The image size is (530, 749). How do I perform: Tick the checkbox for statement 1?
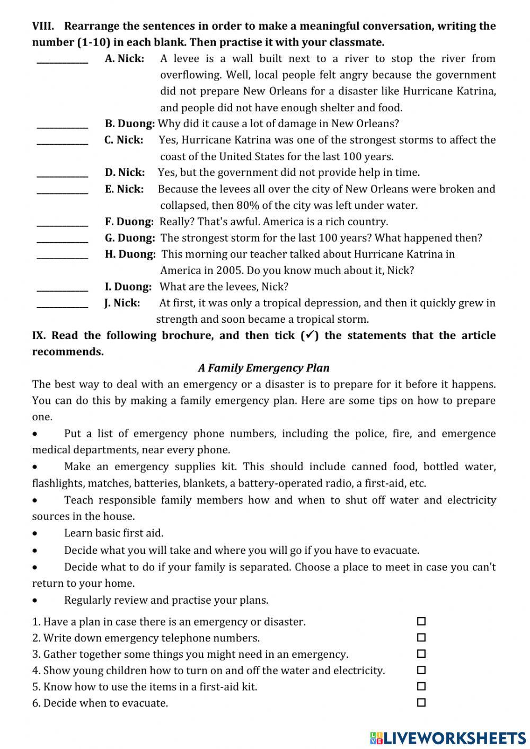tap(421, 621)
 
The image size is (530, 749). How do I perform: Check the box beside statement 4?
tap(421, 670)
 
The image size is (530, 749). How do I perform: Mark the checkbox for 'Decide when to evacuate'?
tap(421, 703)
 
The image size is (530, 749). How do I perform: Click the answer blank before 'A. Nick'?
tap(63, 60)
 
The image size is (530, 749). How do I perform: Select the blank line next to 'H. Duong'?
tap(63, 255)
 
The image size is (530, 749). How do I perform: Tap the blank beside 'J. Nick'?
tap(63, 304)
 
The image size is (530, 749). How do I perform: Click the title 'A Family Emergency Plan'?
tap(263, 368)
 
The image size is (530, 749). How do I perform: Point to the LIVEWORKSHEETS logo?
tap(448, 737)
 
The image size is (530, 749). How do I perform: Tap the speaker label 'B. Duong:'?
tap(130, 124)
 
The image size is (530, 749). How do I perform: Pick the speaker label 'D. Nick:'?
tap(125, 173)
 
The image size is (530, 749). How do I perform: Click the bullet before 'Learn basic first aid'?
tap(35, 534)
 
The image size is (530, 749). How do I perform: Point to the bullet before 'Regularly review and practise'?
tap(35, 601)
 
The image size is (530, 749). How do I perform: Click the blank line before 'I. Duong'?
tap(63, 288)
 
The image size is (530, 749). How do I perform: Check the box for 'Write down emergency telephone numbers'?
tap(421, 638)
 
